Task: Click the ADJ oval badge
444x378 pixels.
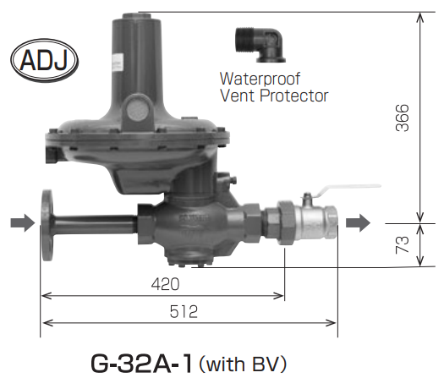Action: [x=45, y=60]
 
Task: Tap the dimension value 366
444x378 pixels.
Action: [x=403, y=118]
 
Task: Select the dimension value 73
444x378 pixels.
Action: [x=403, y=244]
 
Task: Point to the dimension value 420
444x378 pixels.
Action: [x=166, y=284]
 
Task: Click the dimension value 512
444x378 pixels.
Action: [x=184, y=312]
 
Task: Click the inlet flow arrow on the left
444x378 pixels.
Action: [x=23, y=223]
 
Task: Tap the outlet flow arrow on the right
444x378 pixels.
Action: [x=358, y=223]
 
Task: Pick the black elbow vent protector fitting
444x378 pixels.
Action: [x=260, y=45]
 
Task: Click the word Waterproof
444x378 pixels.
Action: [x=260, y=79]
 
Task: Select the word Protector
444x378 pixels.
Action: [x=294, y=96]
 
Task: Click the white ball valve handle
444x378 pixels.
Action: [x=348, y=189]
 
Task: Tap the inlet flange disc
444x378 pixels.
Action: [x=47, y=225]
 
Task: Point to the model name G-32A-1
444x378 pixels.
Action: [x=141, y=364]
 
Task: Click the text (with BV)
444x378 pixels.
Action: [x=243, y=364]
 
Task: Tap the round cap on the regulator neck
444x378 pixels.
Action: [x=138, y=111]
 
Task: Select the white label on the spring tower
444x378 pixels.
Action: [x=117, y=63]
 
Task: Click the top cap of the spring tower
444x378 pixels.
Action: [x=141, y=16]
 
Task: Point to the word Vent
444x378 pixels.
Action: [x=238, y=96]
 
